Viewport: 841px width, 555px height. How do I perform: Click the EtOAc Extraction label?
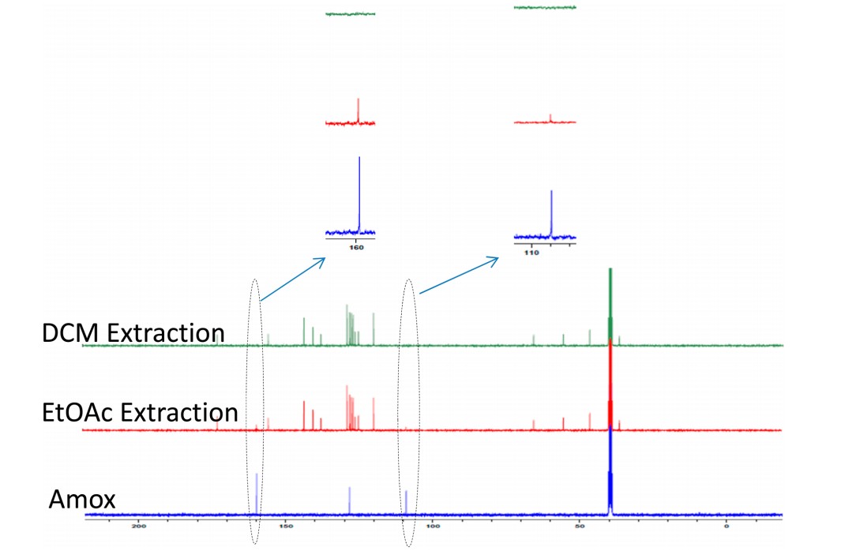[x=140, y=412]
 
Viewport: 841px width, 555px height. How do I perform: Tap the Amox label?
[x=82, y=499]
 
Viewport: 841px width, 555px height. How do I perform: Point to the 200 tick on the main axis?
[x=140, y=526]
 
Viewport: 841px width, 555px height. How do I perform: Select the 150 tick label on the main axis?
[x=286, y=526]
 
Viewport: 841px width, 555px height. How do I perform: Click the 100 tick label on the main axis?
[x=432, y=526]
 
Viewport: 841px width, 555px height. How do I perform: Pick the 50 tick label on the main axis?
[x=578, y=526]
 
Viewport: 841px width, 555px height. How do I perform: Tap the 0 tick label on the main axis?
[x=726, y=526]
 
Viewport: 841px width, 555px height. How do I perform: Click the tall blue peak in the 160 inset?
[x=359, y=193]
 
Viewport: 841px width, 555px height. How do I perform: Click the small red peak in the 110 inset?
[x=550, y=118]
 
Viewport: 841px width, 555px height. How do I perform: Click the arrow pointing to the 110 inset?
[x=459, y=275]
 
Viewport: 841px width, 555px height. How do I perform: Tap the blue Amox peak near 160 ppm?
[x=257, y=493]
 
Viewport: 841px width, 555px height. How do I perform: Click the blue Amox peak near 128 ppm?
[x=349, y=500]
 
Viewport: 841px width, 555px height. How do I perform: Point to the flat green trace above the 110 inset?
[x=545, y=7]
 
